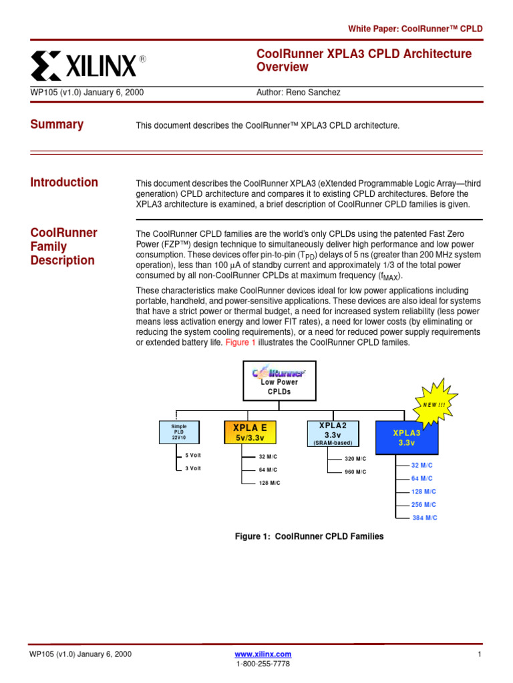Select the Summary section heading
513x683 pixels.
point(57,124)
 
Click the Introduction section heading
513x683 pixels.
point(64,182)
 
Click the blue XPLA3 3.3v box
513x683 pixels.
point(406,438)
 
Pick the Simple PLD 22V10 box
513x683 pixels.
point(179,432)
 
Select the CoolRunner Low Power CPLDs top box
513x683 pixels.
point(279,381)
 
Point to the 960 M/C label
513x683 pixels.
point(355,472)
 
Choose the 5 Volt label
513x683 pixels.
point(193,455)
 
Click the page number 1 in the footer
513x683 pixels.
point(480,654)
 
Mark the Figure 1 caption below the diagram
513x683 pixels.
point(309,536)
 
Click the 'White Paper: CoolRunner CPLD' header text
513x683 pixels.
point(415,29)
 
